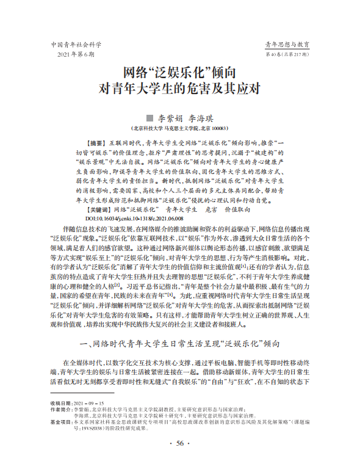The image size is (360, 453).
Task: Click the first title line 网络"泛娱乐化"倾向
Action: point(181,71)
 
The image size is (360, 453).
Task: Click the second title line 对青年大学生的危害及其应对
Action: point(180,87)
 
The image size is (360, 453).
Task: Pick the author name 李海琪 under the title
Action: point(201,118)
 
